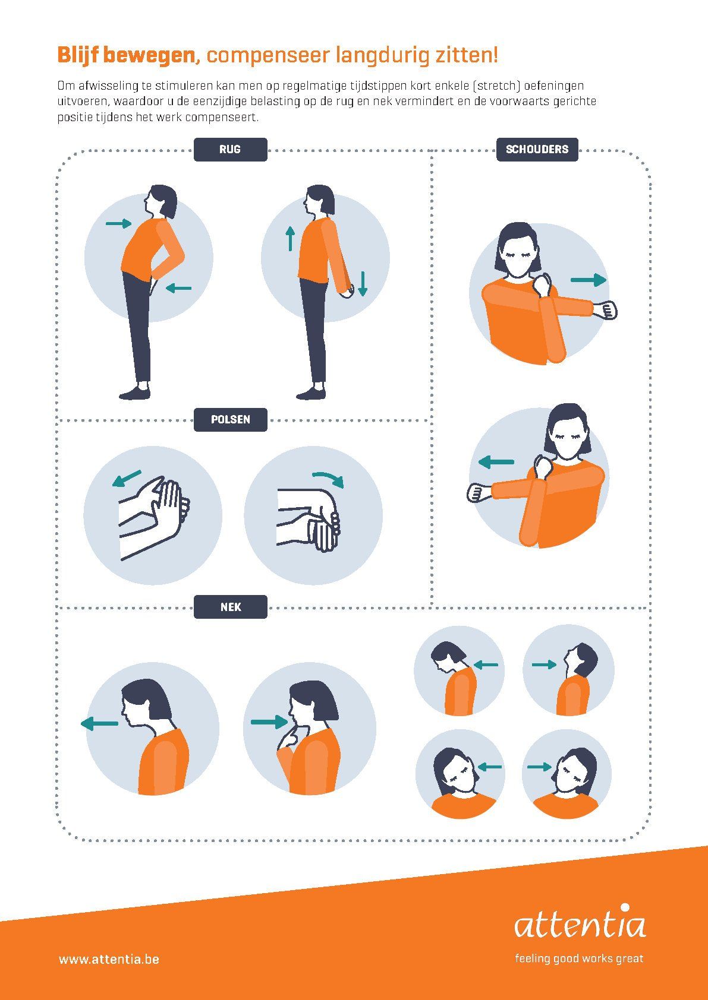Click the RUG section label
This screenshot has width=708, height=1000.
click(230, 149)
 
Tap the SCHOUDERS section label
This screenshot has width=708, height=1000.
click(537, 149)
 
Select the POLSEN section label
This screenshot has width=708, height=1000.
click(230, 420)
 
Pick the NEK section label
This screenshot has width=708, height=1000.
click(230, 607)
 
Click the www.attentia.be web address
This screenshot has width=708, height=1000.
click(109, 959)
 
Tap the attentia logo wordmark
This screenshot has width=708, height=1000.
click(580, 923)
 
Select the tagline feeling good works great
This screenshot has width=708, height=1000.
click(579, 958)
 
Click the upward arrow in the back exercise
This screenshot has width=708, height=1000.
click(291, 238)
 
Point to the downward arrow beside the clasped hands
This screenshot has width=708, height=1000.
click(363, 283)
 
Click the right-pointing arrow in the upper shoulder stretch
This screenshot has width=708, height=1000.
click(589, 280)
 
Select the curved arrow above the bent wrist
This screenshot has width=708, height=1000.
click(329, 478)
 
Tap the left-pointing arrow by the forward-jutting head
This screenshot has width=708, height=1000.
click(100, 724)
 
